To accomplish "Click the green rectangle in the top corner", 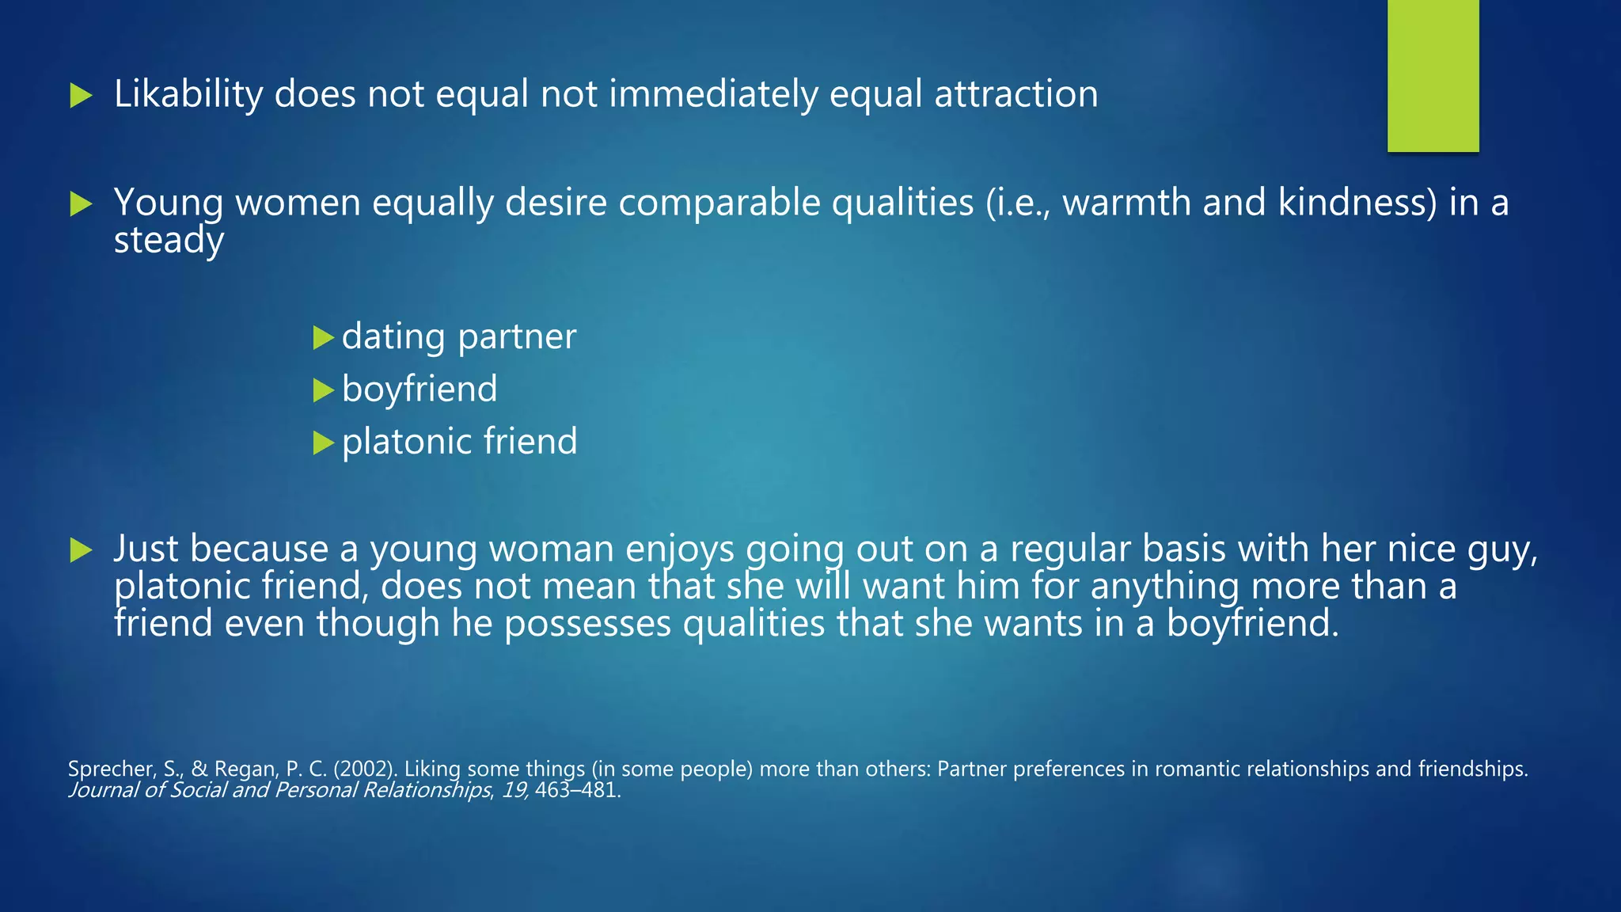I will [1433, 75].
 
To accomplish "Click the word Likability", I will [188, 95].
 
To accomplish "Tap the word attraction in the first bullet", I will [1016, 95].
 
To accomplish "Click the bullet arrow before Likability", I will [81, 97].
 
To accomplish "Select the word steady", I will [169, 240].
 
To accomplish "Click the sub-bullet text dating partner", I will [459, 336].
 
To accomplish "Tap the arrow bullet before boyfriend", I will [323, 390].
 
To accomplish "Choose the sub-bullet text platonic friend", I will [459, 442].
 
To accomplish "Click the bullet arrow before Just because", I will [81, 550].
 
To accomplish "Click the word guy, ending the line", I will [1502, 549].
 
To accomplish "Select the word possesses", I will [587, 623].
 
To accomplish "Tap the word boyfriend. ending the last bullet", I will [1252, 623].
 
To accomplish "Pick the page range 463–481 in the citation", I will [577, 790].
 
